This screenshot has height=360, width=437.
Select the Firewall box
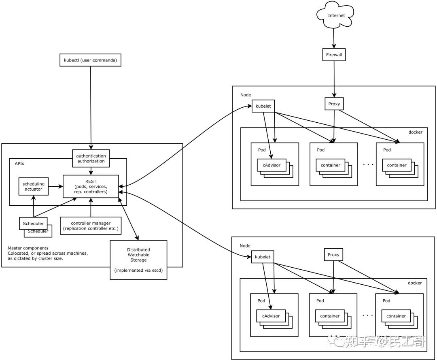334,55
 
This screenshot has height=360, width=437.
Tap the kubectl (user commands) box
90,60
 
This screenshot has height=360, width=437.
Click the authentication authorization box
91,158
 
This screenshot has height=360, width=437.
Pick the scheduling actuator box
34,186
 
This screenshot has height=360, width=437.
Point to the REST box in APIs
91,186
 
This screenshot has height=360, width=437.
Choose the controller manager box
91,226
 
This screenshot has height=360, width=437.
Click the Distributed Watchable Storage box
138,260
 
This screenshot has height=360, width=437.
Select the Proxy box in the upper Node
334,104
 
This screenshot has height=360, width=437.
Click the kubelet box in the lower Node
263,257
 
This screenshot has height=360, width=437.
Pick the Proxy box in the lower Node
333,255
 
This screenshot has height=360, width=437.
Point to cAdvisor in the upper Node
272,165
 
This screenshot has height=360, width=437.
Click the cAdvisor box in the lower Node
271,316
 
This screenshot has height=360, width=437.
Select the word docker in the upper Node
415,132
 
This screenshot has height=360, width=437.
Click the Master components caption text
48,253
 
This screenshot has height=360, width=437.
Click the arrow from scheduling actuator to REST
55,186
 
